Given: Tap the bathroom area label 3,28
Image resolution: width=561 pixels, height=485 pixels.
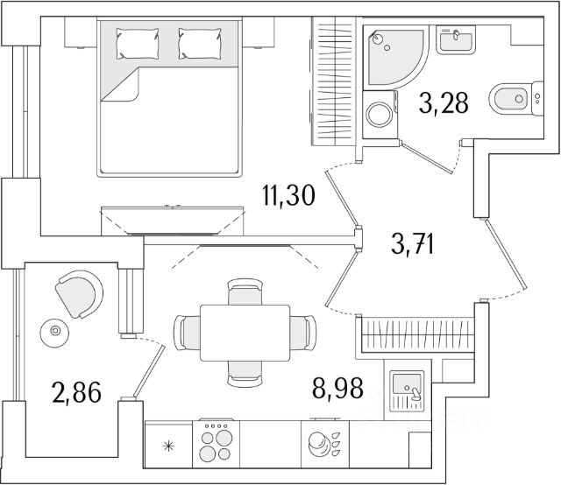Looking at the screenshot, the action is click(x=444, y=105).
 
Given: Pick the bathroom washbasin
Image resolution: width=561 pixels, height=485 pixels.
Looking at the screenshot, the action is click(x=455, y=39).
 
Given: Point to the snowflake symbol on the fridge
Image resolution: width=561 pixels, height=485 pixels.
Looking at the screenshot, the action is click(x=170, y=446).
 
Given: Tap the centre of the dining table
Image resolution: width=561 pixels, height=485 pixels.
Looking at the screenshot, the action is click(x=245, y=332).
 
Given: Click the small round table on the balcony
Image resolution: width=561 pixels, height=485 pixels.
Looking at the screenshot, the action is click(x=56, y=331).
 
